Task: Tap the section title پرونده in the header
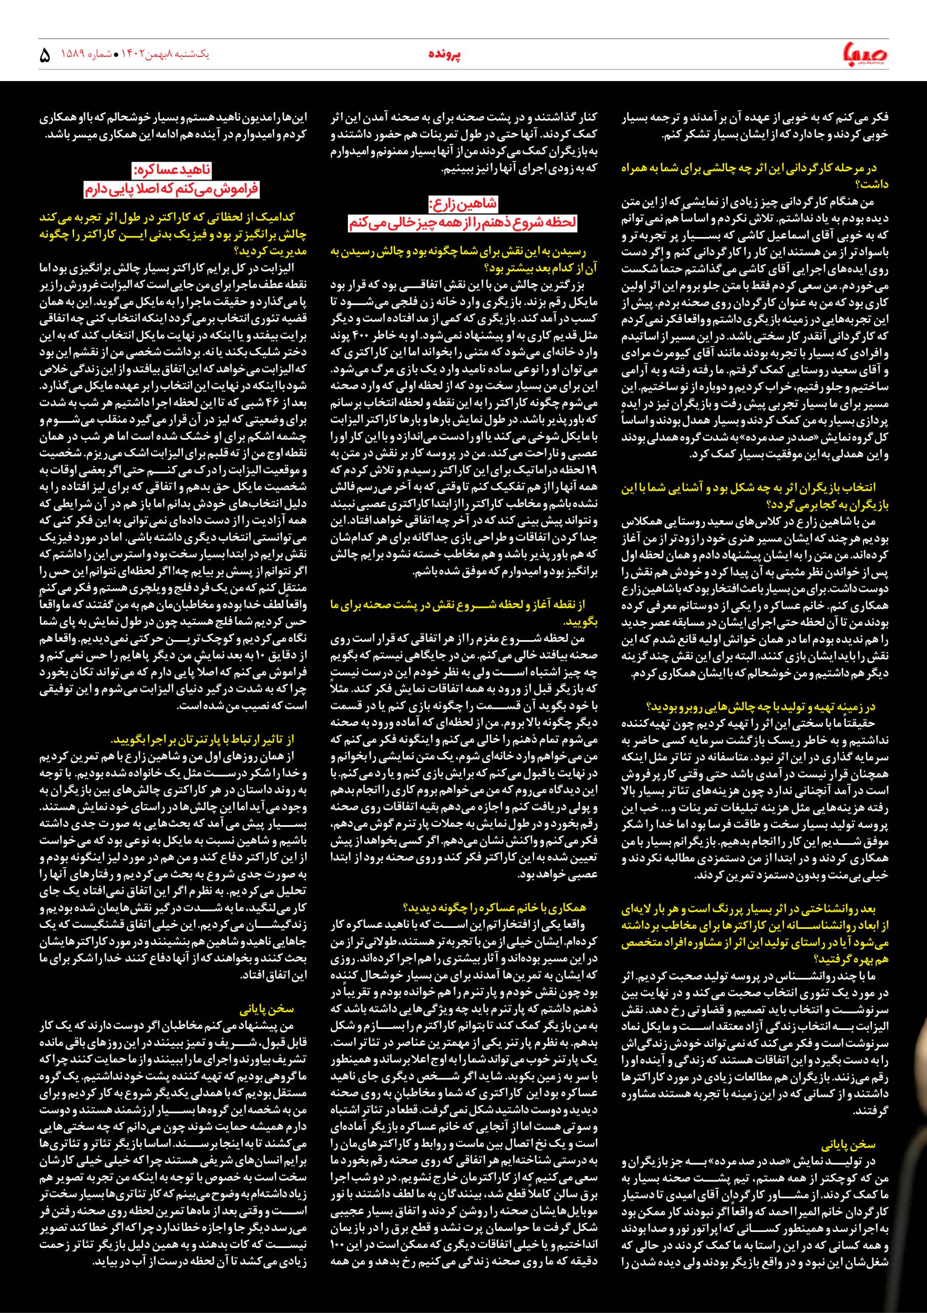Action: pos(445,54)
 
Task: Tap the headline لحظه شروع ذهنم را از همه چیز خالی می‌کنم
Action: pos(463,223)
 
